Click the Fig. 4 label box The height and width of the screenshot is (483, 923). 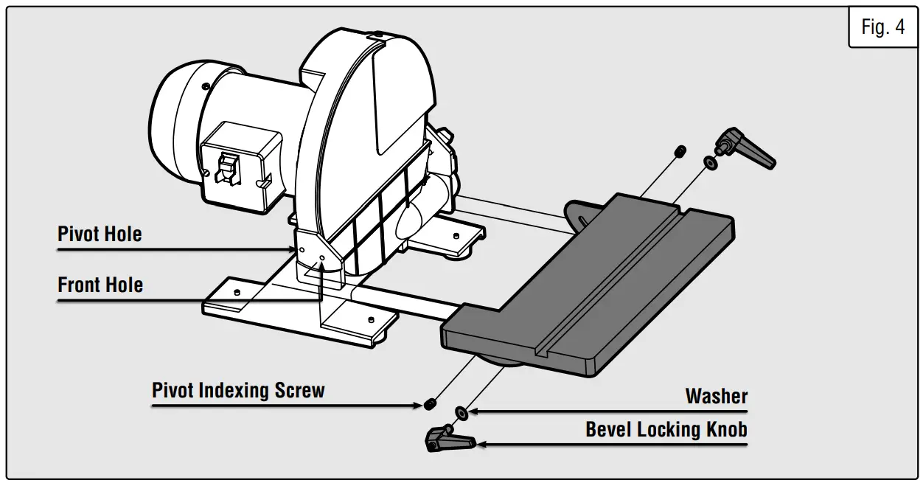(x=882, y=27)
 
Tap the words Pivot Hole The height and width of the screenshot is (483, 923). (x=100, y=234)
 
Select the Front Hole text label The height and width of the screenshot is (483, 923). (x=100, y=285)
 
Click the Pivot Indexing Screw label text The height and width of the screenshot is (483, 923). (x=238, y=390)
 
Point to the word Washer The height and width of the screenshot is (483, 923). (x=716, y=396)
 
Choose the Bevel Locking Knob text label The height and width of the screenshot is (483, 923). (x=666, y=429)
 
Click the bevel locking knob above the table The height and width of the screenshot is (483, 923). (x=745, y=147)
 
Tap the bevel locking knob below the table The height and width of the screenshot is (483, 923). (x=448, y=439)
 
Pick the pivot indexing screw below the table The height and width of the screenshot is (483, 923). (x=430, y=404)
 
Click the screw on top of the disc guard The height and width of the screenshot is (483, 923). (x=377, y=35)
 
